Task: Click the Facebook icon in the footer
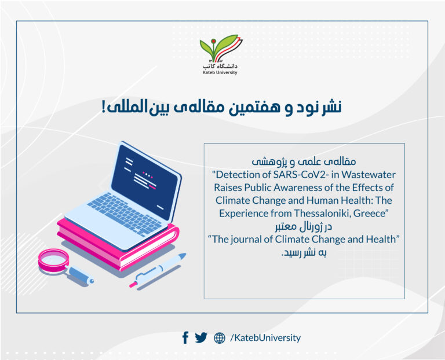[185, 337]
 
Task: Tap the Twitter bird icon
[201, 337]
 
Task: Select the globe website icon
[220, 338]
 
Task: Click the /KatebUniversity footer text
[265, 338]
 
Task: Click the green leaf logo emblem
[221, 47]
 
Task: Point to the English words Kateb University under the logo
[220, 72]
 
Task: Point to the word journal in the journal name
[246, 240]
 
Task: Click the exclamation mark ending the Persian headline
[104, 107]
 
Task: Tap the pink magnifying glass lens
[53, 259]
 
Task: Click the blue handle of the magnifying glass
[81, 275]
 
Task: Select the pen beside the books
[158, 270]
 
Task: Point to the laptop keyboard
[125, 213]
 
